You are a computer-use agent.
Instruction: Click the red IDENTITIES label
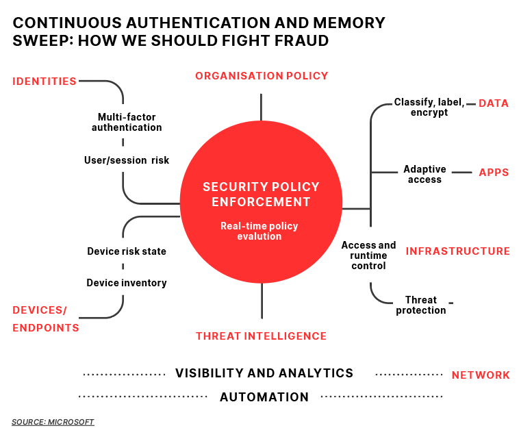pyautogui.click(x=45, y=81)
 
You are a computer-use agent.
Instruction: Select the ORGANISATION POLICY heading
pyautogui.click(x=262, y=76)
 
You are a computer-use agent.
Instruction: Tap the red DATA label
pyautogui.click(x=494, y=103)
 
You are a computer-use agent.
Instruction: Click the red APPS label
pyautogui.click(x=494, y=173)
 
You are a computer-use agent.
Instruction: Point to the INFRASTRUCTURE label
pyautogui.click(x=458, y=251)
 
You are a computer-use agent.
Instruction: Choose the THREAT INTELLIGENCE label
pyautogui.click(x=261, y=336)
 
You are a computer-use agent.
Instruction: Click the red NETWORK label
pyautogui.click(x=481, y=375)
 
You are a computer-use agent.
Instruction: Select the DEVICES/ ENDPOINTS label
pyautogui.click(x=46, y=319)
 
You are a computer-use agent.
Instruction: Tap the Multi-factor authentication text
pyautogui.click(x=127, y=122)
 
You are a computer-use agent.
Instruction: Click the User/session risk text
pyautogui.click(x=127, y=160)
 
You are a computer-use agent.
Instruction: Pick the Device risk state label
pyautogui.click(x=127, y=251)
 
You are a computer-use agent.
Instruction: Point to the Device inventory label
pyautogui.click(x=127, y=283)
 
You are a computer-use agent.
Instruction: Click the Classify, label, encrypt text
pyautogui.click(x=429, y=108)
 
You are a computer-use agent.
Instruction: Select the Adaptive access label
pyautogui.click(x=425, y=174)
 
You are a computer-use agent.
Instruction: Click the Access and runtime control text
pyautogui.click(x=369, y=255)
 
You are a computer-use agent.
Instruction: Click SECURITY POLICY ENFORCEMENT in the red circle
pyautogui.click(x=261, y=194)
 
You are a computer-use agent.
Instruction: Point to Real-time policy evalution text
pyautogui.click(x=259, y=231)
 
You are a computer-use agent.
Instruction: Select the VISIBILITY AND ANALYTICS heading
pyautogui.click(x=264, y=373)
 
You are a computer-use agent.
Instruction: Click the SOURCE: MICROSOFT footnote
pyautogui.click(x=53, y=422)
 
